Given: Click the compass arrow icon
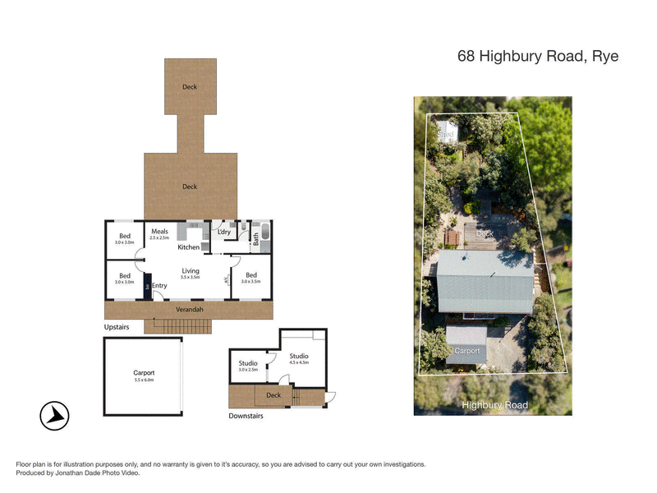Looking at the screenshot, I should pyautogui.click(x=55, y=416).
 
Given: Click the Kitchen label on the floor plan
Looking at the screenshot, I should pyautogui.click(x=189, y=246).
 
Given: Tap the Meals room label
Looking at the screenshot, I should pyautogui.click(x=159, y=232).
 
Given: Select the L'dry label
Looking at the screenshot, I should pyautogui.click(x=223, y=233).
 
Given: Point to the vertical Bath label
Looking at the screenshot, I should pyautogui.click(x=256, y=239).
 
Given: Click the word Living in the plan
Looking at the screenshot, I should pyautogui.click(x=191, y=270).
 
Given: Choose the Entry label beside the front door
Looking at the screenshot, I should pyautogui.click(x=159, y=286).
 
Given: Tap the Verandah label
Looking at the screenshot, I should pyautogui.click(x=190, y=310).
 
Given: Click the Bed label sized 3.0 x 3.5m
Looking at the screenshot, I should pyautogui.click(x=251, y=275).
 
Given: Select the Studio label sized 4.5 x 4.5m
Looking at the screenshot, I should pyautogui.click(x=298, y=356).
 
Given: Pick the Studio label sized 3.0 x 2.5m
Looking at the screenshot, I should pyautogui.click(x=248, y=363).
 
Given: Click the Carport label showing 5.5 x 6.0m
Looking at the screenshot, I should pyautogui.click(x=144, y=373).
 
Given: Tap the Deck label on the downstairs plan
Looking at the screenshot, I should pyautogui.click(x=273, y=395).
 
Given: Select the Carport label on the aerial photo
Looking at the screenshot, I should pyautogui.click(x=466, y=350).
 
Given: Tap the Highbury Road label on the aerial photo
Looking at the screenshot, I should pyautogui.click(x=494, y=405).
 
